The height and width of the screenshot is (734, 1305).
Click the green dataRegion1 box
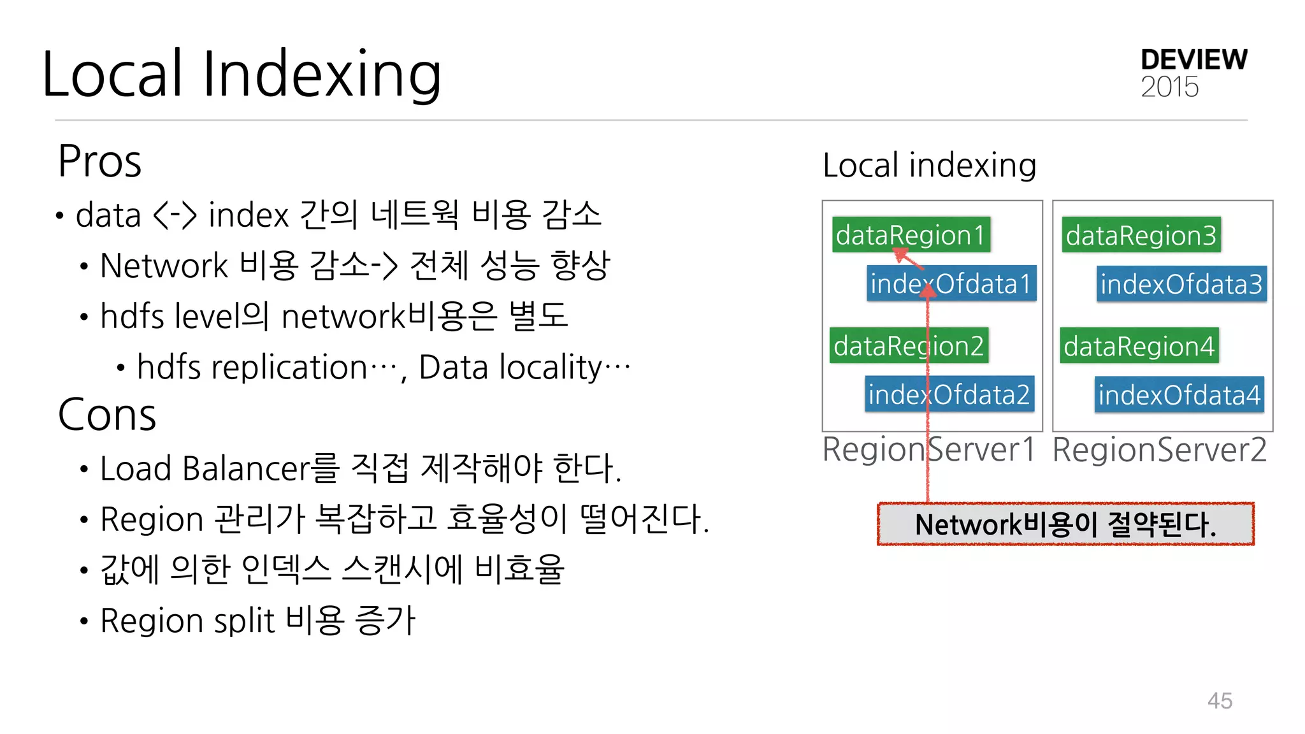click(911, 235)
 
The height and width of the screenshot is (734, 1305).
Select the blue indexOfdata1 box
click(951, 284)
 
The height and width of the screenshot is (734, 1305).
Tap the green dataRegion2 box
click(909, 346)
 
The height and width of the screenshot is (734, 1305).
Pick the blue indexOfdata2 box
click(949, 394)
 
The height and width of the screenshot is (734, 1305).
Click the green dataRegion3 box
click(1141, 235)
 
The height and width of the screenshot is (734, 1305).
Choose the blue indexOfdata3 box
click(1181, 284)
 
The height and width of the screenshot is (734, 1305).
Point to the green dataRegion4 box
click(1139, 346)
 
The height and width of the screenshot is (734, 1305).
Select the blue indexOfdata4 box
click(1179, 395)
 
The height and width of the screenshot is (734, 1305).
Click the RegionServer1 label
click(928, 450)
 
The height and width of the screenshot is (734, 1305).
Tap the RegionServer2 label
click(1159, 450)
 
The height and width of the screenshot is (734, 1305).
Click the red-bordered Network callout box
click(1065, 524)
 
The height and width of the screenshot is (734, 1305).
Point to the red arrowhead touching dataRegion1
click(901, 255)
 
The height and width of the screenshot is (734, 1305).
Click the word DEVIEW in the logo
click(1193, 60)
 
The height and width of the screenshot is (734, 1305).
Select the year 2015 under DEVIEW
click(1169, 87)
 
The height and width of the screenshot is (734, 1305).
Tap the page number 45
click(1220, 700)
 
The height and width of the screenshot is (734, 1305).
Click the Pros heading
click(99, 161)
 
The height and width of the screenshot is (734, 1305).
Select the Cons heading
click(106, 415)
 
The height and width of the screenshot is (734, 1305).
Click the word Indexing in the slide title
click(321, 75)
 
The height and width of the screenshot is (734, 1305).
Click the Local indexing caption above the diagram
click(929, 166)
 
